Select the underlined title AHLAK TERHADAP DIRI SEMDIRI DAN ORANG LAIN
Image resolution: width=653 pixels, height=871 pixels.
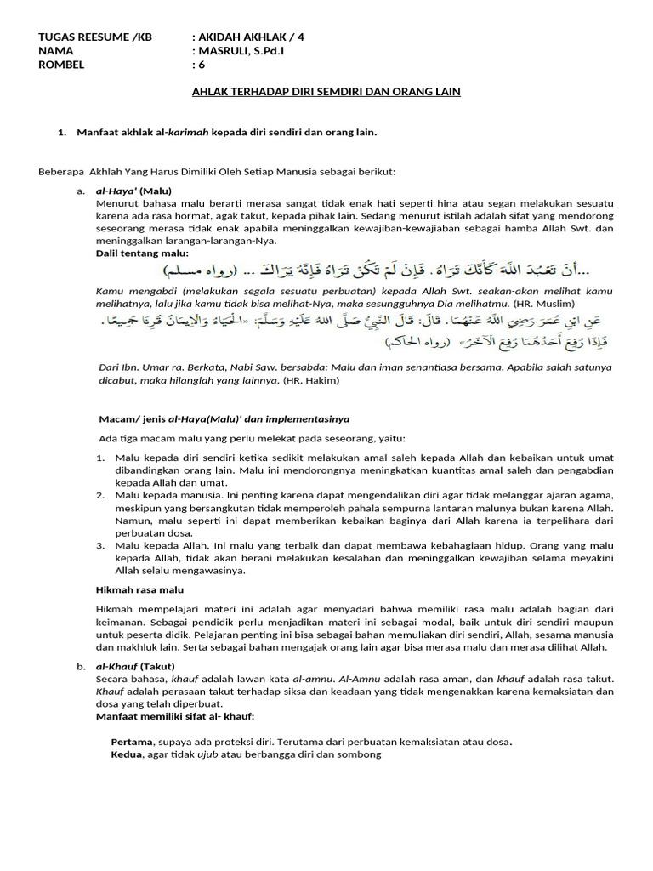point(323,91)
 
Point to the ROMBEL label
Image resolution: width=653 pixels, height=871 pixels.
point(62,64)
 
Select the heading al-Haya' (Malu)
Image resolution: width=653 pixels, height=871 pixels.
point(133,191)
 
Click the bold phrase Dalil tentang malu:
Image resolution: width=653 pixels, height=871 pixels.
point(142,253)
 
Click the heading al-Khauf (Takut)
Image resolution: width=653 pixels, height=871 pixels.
point(137,665)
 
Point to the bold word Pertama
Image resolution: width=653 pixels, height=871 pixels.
point(133,741)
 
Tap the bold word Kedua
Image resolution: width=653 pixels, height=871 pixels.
point(128,754)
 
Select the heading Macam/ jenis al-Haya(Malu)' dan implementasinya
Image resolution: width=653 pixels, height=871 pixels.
point(224,418)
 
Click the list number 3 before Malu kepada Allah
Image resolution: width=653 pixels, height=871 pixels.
point(100,544)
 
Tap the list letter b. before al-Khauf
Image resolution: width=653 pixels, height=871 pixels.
point(81,665)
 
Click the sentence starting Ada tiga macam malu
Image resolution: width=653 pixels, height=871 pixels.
point(253,438)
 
